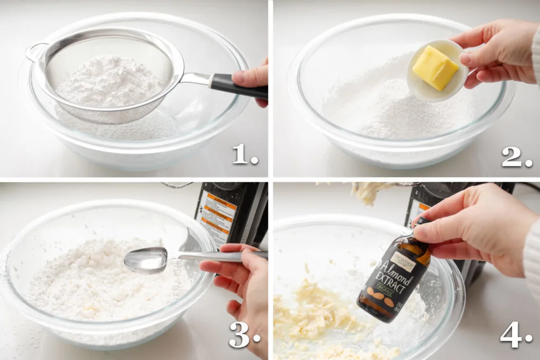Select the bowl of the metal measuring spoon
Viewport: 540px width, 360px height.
(145, 259)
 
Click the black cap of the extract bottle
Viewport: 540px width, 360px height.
(422, 222)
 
